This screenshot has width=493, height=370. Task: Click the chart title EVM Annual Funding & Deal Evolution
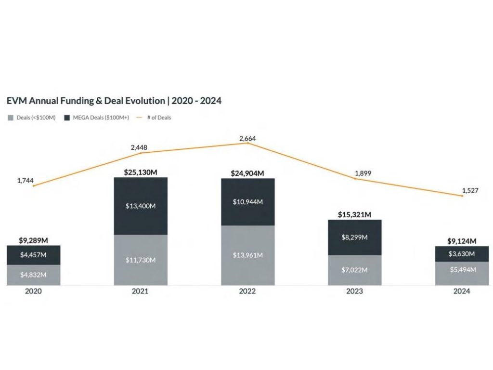114,101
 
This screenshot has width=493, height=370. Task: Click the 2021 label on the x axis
140,292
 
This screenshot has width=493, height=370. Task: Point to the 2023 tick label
354,292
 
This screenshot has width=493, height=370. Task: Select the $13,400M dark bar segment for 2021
141,206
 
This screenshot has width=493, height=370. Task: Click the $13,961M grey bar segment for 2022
248,255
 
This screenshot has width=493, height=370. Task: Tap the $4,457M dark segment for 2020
33,255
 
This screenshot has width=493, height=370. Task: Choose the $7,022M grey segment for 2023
355,270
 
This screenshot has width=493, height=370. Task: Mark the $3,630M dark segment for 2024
462,254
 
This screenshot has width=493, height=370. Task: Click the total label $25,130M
140,172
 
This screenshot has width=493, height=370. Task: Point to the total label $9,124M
462,241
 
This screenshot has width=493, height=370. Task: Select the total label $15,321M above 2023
355,214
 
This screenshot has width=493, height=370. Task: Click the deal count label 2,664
247,139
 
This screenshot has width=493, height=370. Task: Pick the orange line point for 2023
355,179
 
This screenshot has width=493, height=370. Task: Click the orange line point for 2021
141,153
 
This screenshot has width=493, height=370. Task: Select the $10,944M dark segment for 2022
248,202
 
